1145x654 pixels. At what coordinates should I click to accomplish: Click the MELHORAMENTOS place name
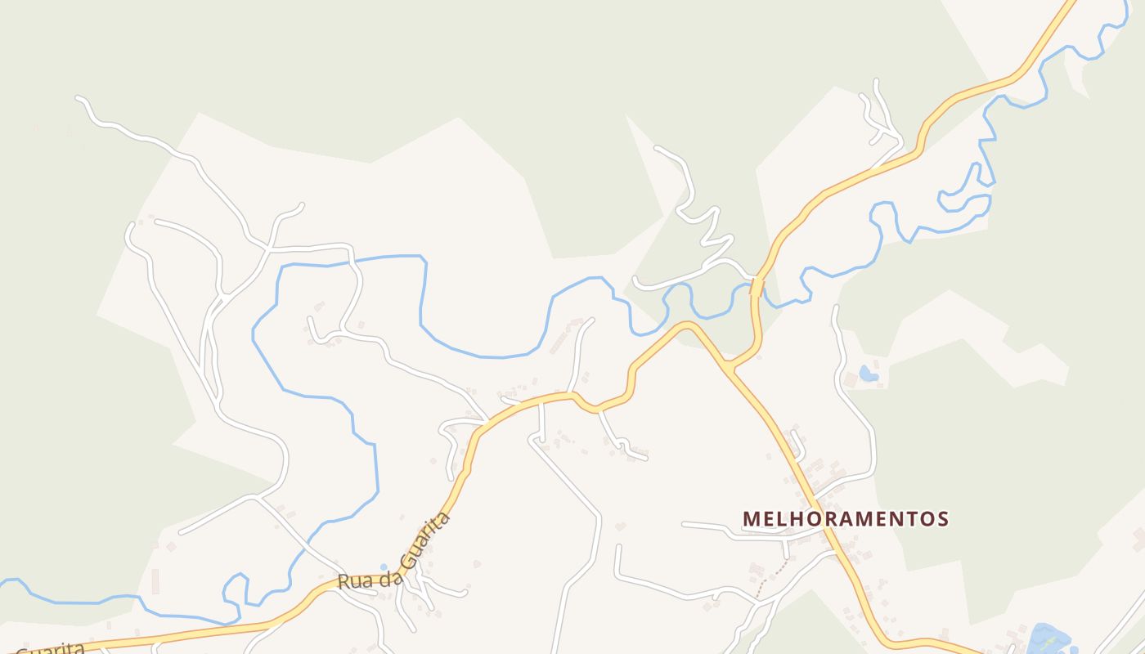click(846, 518)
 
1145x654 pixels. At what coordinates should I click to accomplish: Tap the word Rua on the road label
click(353, 582)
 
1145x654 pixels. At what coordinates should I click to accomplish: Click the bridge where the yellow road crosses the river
click(757, 287)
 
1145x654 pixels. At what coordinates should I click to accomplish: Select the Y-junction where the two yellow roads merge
click(727, 366)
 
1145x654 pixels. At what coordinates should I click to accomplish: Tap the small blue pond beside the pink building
click(869, 374)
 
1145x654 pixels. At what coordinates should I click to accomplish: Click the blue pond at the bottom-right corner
click(1048, 638)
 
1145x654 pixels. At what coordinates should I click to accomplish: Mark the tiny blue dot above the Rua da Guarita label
click(384, 567)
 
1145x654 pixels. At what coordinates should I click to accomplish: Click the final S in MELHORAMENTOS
click(943, 518)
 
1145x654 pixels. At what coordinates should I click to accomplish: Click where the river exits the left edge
click(3, 581)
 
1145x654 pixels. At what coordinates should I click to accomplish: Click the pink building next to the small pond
click(851, 379)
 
